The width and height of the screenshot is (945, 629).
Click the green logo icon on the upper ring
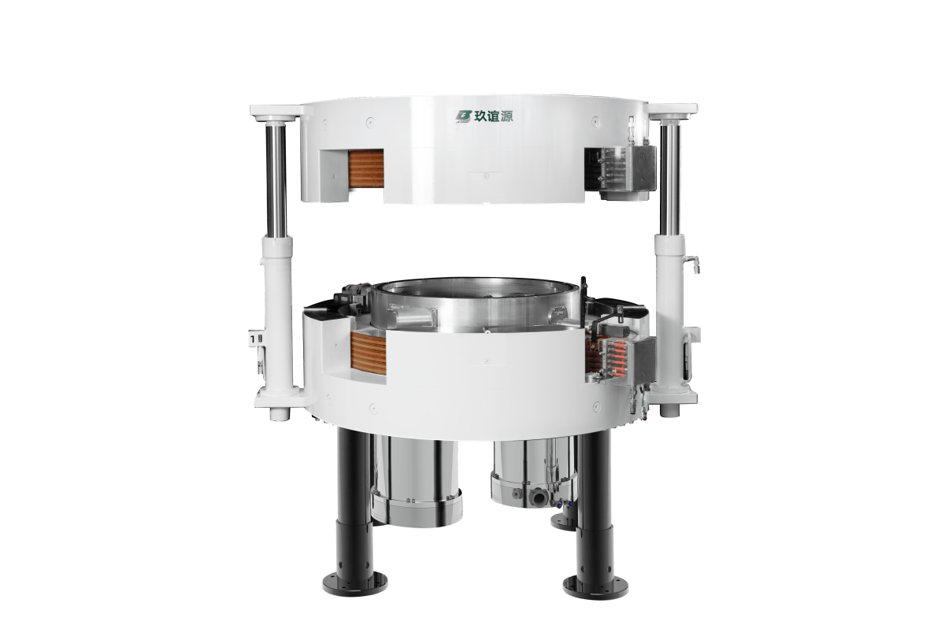[463, 117]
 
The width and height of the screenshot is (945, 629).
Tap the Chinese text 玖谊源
[493, 117]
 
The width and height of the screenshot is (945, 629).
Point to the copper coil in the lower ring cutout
[369, 353]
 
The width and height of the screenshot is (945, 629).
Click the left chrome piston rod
[276, 179]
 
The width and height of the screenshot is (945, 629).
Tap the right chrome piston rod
[669, 179]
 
